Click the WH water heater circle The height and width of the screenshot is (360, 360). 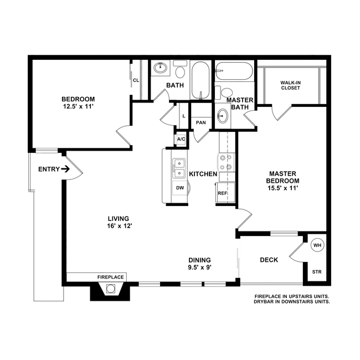click(317, 245)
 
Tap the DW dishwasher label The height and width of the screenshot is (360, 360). click(180, 188)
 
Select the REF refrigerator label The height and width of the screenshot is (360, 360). click(222, 193)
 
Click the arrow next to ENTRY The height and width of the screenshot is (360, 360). click(65, 169)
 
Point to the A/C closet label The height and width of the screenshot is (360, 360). click(181, 139)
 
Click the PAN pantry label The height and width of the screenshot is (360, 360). click(201, 122)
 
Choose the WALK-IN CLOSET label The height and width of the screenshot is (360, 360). click(290, 85)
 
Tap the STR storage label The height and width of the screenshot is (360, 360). click(317, 272)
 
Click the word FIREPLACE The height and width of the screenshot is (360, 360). click(110, 277)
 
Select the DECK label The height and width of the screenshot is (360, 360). click(269, 260)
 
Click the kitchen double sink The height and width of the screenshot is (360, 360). click(179, 168)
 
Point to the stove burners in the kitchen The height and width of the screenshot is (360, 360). click(226, 162)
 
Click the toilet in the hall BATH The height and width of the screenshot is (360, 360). click(180, 69)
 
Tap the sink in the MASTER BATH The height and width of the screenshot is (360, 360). click(223, 116)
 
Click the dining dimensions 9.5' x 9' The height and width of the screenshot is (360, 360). click(199, 268)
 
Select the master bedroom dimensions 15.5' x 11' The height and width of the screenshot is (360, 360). click(282, 188)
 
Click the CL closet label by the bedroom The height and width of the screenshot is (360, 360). click(136, 80)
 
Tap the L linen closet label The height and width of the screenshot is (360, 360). click(184, 116)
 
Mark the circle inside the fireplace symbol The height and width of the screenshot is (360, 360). click(110, 289)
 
